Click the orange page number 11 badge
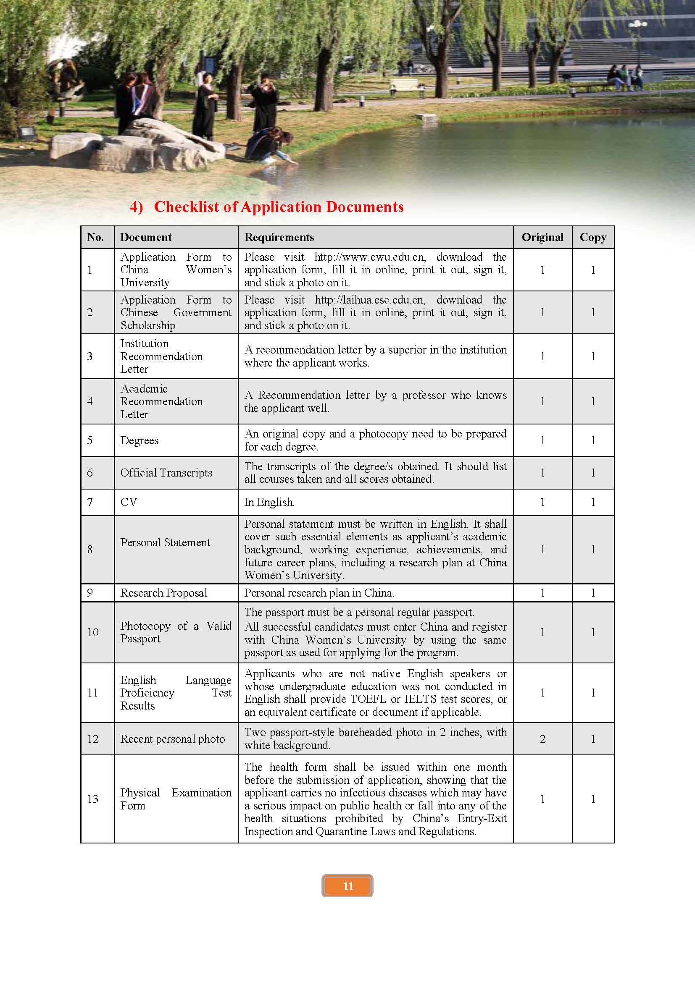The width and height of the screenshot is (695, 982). (347, 886)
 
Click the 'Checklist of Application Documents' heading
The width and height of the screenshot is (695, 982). (278, 207)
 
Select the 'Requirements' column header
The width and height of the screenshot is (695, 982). (279, 237)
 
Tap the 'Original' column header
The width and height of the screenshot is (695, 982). (542, 237)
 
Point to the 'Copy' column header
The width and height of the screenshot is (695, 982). (593, 237)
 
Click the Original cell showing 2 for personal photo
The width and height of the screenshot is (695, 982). (542, 739)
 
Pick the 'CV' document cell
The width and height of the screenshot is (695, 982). (129, 502)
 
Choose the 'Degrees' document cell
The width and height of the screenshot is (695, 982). (140, 440)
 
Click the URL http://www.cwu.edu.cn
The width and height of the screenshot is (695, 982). (370, 257)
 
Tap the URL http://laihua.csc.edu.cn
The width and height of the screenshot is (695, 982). (370, 300)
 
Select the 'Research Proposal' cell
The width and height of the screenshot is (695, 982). (163, 593)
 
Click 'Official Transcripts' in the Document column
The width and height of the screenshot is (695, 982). (166, 473)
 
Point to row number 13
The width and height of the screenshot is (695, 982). (93, 799)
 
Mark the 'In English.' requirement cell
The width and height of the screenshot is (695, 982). (269, 502)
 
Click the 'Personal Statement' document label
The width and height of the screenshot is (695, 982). (165, 542)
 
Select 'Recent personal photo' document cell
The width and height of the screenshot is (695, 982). (172, 739)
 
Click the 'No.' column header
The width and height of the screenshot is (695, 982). (95, 237)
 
